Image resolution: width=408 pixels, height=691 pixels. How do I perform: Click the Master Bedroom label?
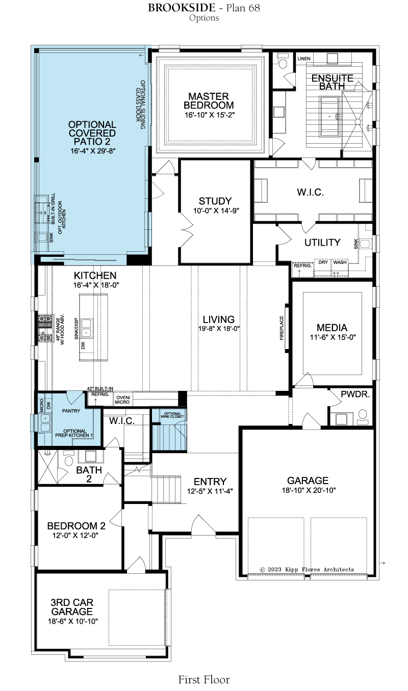click(x=209, y=100)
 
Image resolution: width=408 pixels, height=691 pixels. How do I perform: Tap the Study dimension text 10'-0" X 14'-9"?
click(x=216, y=210)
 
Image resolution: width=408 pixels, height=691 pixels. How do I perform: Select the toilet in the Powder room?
click(x=363, y=416)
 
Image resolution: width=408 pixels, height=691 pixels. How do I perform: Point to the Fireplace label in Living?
click(x=282, y=328)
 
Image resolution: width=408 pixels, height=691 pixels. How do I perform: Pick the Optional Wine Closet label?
click(x=172, y=415)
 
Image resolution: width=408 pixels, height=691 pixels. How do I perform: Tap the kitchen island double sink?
click(x=86, y=328)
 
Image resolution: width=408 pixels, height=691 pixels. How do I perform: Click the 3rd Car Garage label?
click(x=72, y=607)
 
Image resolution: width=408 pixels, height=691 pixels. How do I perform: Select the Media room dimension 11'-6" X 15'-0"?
click(x=333, y=337)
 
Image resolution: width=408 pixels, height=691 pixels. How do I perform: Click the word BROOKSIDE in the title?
click(x=182, y=8)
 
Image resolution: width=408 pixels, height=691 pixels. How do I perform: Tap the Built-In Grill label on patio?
click(x=53, y=209)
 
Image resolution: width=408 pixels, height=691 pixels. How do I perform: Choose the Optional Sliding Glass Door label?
click(x=140, y=105)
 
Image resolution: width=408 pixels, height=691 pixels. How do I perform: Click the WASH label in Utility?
click(x=340, y=262)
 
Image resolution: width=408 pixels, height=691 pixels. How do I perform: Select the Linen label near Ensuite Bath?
click(x=304, y=59)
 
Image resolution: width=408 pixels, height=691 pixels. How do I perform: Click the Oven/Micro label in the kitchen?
click(x=122, y=400)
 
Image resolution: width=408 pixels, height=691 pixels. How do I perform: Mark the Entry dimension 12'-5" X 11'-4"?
click(x=210, y=491)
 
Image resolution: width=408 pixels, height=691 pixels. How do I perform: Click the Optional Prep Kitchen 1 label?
click(x=74, y=433)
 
